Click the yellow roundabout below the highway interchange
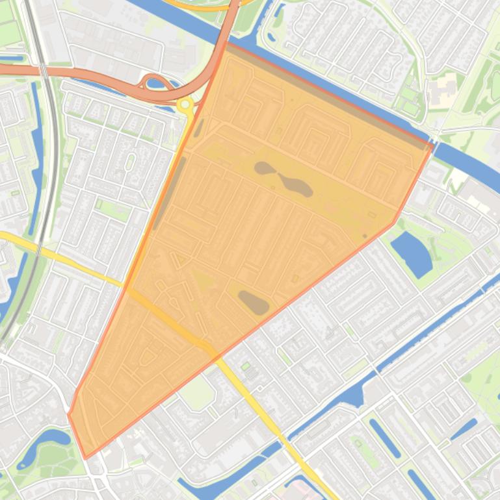pos(186,104)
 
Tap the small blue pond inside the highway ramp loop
pos(155,82)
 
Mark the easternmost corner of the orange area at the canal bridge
pos(432,145)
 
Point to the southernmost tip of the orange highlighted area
pos(85,458)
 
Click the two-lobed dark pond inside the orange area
pos(284,179)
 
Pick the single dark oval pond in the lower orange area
pos(254,302)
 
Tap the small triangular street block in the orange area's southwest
pos(149,357)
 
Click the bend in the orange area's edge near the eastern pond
pos(395,223)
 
